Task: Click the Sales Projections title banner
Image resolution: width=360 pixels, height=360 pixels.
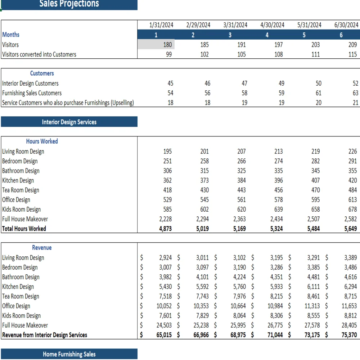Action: click(69, 4)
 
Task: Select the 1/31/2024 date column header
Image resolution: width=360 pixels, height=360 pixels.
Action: click(161, 25)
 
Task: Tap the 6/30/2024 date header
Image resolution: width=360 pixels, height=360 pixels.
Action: click(346, 25)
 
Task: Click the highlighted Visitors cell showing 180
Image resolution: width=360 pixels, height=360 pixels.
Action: click(156, 45)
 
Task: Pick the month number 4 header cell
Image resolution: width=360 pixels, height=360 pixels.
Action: click(267, 35)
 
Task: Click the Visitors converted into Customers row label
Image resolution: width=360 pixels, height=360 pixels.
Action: click(39, 54)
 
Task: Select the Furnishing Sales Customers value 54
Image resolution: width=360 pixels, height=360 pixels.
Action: click(170, 93)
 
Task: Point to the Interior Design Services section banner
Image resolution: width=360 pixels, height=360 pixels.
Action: click(69, 122)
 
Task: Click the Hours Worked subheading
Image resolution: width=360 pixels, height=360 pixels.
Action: click(42, 141)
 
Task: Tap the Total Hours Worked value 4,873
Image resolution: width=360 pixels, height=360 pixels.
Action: click(165, 229)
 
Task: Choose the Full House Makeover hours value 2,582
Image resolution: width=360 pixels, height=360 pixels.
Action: click(351, 219)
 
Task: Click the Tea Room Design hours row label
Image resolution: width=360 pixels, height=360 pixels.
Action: click(21, 190)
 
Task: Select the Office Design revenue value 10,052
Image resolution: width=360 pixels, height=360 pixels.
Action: click(164, 306)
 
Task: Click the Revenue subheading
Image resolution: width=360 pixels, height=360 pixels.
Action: click(42, 248)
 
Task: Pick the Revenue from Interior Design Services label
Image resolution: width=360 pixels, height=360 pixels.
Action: click(45, 335)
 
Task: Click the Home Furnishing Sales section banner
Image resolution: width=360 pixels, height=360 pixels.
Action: click(69, 354)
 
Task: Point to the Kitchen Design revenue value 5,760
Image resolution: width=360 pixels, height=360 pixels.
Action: click(239, 287)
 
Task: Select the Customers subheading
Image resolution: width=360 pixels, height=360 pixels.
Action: click(42, 73)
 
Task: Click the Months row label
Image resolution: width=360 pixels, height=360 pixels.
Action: click(11, 35)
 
